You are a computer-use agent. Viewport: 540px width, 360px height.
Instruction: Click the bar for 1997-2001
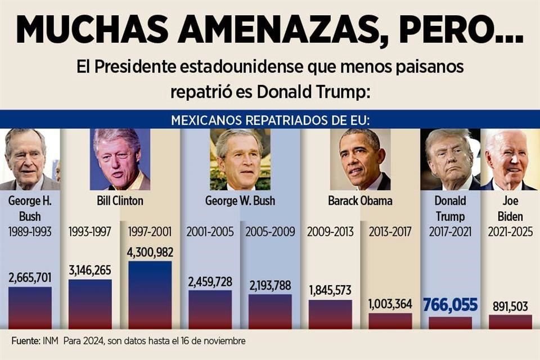pyautogui.click(x=150, y=295)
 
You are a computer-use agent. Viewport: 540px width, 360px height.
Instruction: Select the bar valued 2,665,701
pyautogui.click(x=30, y=308)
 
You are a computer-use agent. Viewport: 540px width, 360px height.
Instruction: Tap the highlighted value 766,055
pyautogui.click(x=450, y=305)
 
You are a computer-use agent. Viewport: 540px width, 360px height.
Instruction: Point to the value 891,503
pyautogui.click(x=510, y=306)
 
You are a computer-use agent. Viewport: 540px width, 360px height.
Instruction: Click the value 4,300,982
pyautogui.click(x=150, y=252)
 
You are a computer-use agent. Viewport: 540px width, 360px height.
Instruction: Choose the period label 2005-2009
pyautogui.click(x=270, y=231)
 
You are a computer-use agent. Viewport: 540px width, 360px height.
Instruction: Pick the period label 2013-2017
pyautogui.click(x=390, y=231)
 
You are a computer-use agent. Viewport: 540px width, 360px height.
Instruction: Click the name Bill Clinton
pyautogui.click(x=120, y=200)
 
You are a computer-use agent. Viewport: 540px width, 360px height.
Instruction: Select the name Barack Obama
pyautogui.click(x=360, y=200)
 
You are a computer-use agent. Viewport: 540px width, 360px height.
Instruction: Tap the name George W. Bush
pyautogui.click(x=240, y=200)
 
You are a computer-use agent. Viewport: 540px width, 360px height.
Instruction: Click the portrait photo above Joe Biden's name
pyautogui.click(x=510, y=160)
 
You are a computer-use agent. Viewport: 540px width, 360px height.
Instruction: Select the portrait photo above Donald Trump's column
pyautogui.click(x=450, y=160)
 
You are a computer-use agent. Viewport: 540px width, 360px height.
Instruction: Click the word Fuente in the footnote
pyautogui.click(x=25, y=341)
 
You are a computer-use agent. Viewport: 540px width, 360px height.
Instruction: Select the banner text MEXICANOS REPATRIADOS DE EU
pyautogui.click(x=270, y=120)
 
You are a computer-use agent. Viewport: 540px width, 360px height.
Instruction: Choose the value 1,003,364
pyautogui.click(x=390, y=304)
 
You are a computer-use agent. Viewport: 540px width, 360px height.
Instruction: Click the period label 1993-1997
pyautogui.click(x=90, y=231)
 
